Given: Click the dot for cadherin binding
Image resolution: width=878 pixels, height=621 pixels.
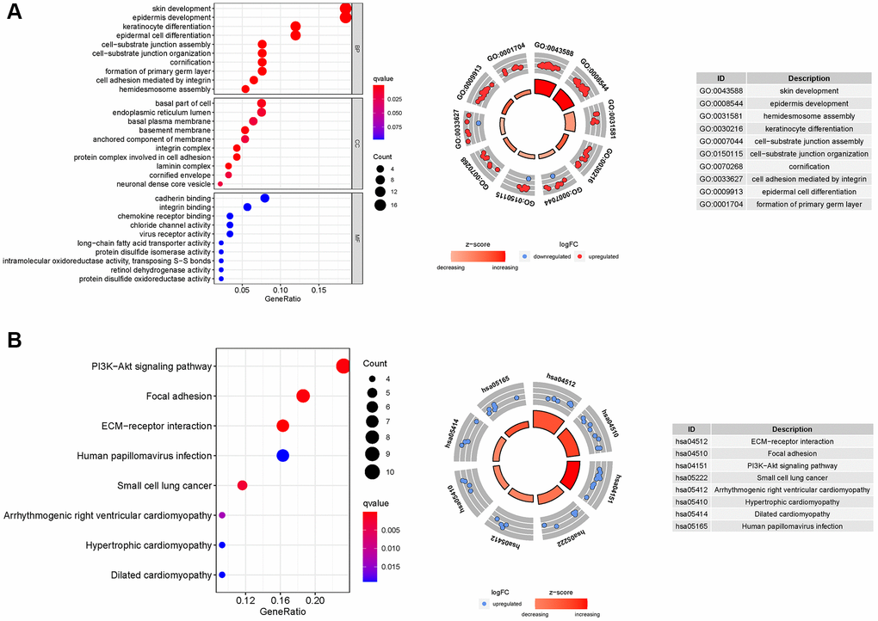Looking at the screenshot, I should point(265,199).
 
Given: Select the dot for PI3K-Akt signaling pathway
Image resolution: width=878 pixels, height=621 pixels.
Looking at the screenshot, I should point(343,366).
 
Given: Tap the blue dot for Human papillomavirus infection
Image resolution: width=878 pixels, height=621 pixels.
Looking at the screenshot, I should point(282,456).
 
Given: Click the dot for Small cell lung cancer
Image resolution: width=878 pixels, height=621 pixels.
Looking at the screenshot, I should point(242,486).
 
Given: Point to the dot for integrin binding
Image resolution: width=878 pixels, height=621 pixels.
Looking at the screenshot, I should point(247,207).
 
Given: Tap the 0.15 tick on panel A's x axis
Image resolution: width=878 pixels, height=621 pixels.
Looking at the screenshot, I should point(318,292).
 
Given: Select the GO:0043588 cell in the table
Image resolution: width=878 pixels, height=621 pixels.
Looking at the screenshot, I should point(720,91).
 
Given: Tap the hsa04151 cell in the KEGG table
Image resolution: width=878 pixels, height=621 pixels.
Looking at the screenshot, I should point(691,466).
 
